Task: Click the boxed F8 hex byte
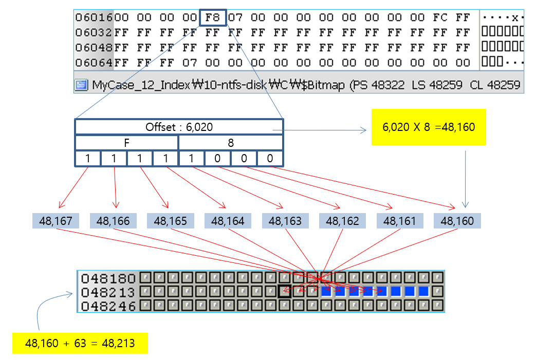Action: pos(212,18)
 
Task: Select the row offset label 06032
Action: pos(94,32)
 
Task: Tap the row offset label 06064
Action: pos(94,63)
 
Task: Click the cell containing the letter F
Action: pos(127,143)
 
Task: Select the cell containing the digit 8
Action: pos(231,143)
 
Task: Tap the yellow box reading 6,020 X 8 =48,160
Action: pos(428,126)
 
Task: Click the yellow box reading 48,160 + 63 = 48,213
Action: pos(80,343)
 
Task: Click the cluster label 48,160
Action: pos(457,221)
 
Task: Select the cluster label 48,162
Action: pos(342,221)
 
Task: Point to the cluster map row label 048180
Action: pos(108,279)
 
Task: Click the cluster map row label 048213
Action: pos(108,292)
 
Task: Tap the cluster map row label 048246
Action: pos(108,306)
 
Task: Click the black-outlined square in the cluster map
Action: pos(284,292)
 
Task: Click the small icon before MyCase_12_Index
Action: pos(82,85)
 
